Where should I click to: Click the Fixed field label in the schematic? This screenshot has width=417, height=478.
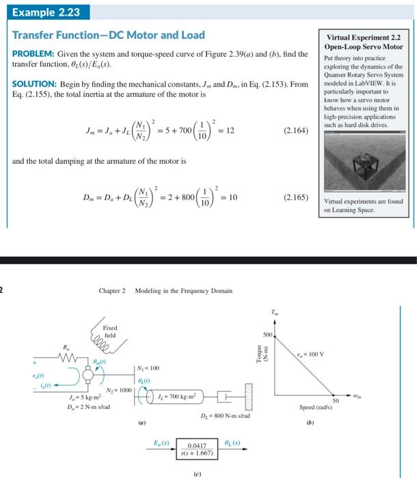(x=109, y=331)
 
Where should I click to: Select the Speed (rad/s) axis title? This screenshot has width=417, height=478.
(x=315, y=408)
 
